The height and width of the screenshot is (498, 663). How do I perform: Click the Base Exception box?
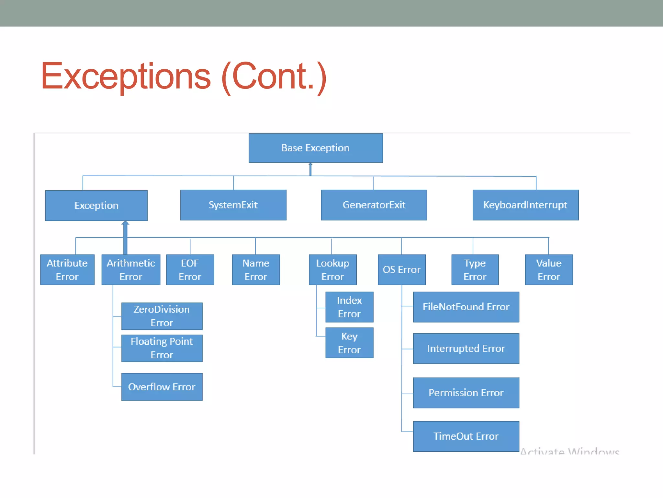316,148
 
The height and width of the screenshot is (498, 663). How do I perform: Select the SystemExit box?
233,205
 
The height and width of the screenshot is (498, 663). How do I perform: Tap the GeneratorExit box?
374,205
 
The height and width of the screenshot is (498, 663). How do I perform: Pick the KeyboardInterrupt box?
525,205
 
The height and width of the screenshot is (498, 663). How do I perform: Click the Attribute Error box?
67,270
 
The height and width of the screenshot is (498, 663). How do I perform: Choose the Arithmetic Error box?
131,270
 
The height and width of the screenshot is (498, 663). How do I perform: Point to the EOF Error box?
190,270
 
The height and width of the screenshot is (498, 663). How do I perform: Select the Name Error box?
256,270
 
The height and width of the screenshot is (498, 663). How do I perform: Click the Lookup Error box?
333,270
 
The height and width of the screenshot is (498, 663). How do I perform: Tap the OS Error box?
402,270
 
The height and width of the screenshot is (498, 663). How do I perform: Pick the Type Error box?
475,270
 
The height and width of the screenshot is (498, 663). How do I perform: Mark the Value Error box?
549,270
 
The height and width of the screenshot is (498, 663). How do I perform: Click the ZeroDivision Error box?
162,316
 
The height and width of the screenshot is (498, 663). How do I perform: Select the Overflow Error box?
162,387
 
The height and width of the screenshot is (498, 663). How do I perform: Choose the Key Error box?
349,343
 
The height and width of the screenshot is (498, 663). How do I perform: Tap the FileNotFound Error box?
466,307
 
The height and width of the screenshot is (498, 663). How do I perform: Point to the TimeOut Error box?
466,436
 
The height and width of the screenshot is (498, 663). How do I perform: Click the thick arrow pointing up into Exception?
125,238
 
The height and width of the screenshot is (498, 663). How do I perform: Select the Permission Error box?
466,393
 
